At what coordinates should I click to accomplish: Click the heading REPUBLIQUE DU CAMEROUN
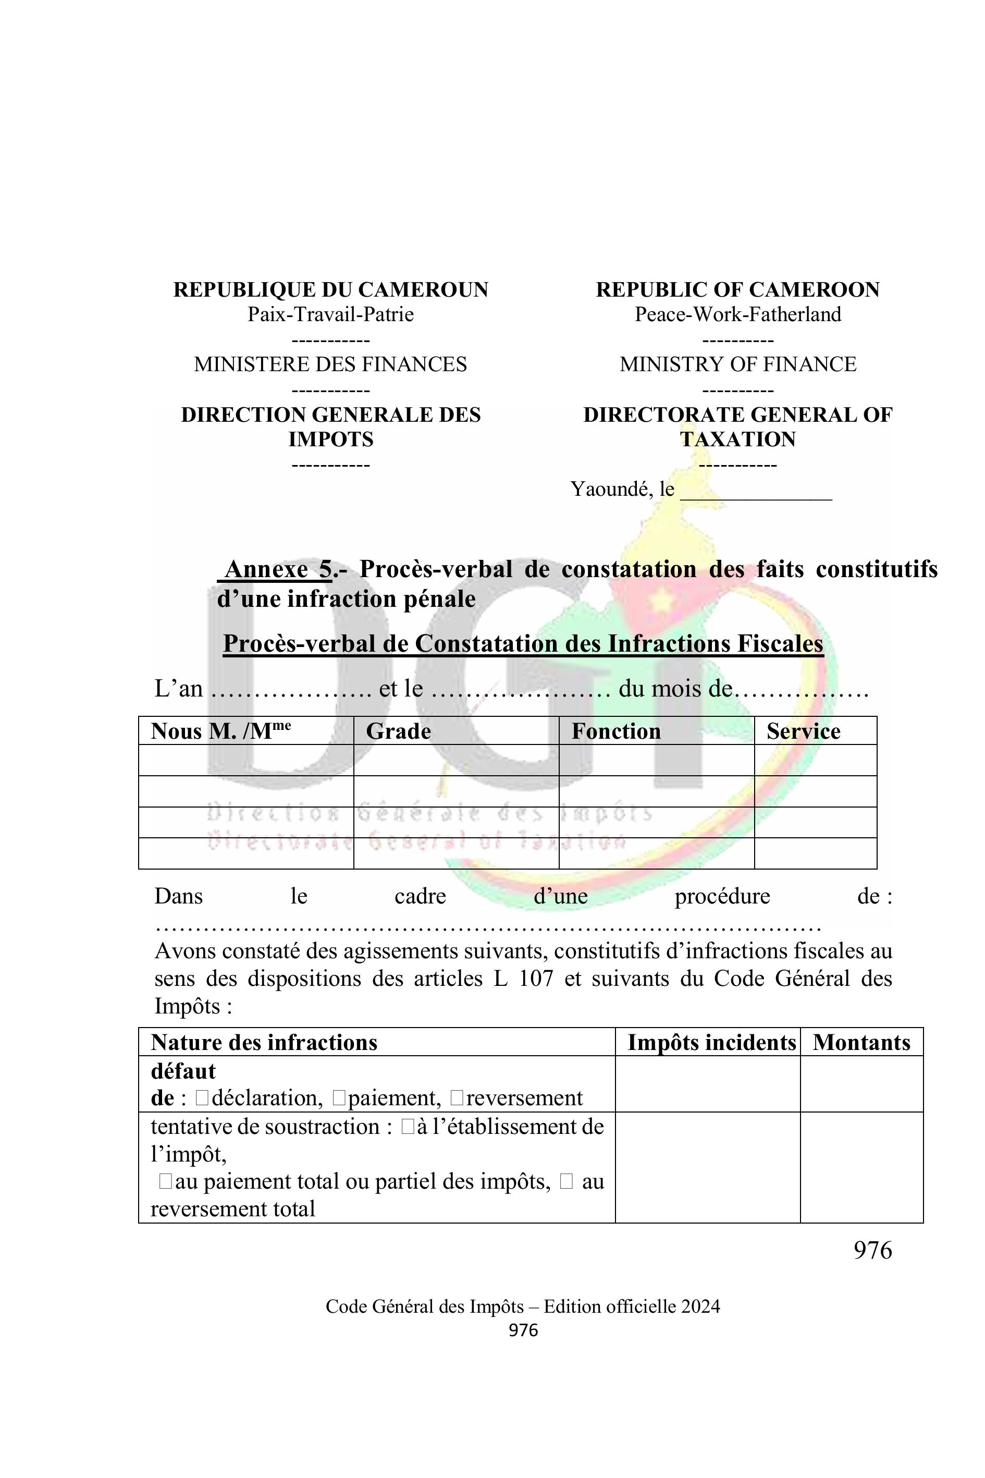(330, 290)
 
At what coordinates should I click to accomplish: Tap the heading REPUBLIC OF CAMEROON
(737, 290)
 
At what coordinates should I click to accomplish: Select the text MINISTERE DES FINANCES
(330, 364)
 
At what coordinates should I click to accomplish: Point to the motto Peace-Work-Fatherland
(737, 314)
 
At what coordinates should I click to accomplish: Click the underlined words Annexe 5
(278, 569)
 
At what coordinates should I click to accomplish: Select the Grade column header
(398, 731)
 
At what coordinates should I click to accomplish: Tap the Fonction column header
(615, 731)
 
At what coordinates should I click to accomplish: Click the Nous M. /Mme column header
(220, 731)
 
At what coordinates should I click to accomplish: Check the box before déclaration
(202, 1098)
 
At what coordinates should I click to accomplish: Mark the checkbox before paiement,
(339, 1098)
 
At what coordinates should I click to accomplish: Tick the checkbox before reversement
(457, 1098)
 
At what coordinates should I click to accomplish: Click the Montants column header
(861, 1043)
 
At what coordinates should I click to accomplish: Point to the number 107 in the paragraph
(536, 979)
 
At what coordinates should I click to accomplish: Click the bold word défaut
(183, 1071)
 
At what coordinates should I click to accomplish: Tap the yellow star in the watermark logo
(660, 602)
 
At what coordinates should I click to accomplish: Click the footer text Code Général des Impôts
(424, 1306)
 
